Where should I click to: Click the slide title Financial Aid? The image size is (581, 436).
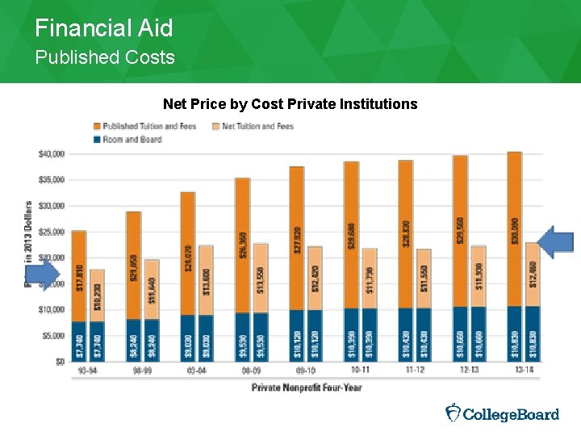tap(103, 29)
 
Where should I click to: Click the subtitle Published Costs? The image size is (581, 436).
tap(104, 57)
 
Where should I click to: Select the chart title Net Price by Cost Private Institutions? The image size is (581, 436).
tap(290, 104)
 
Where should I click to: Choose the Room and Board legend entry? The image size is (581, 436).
tap(129, 139)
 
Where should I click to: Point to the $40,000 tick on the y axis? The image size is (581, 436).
tap(52, 153)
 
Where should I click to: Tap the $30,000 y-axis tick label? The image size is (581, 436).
tap(52, 206)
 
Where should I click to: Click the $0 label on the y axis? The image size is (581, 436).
tap(59, 361)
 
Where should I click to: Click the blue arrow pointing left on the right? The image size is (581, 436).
tap(556, 242)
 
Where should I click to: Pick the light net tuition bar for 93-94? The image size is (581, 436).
tap(97, 296)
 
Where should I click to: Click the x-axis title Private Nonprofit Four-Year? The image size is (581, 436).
tap(307, 388)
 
